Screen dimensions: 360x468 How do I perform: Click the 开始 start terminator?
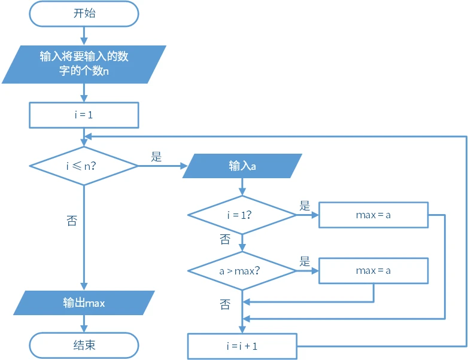point(84,14)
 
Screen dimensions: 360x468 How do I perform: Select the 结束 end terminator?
point(84,346)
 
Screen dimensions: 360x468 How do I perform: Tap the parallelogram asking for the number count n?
point(84,64)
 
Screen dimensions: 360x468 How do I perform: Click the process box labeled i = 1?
point(84,115)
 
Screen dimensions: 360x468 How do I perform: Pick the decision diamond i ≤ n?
point(84,166)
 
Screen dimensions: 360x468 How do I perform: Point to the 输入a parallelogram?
point(242,166)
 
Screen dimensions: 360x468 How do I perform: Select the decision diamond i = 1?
point(242,215)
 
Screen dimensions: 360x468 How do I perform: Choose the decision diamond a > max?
point(242,270)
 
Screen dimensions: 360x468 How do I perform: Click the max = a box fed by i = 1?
point(373,215)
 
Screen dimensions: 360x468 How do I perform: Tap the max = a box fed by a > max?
point(373,270)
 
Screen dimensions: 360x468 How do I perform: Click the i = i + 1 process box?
point(242,346)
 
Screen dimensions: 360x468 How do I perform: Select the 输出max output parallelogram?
point(84,303)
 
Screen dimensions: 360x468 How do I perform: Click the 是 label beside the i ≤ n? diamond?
point(156,157)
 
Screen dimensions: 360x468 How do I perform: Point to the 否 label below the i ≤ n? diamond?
point(71,221)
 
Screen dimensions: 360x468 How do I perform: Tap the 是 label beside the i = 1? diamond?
point(305,206)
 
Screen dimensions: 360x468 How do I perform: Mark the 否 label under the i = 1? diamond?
point(225,240)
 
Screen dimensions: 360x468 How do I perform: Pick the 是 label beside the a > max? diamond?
point(305,261)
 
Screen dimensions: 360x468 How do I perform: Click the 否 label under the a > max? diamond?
point(225,305)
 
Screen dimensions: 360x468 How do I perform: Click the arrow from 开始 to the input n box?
point(84,36)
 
